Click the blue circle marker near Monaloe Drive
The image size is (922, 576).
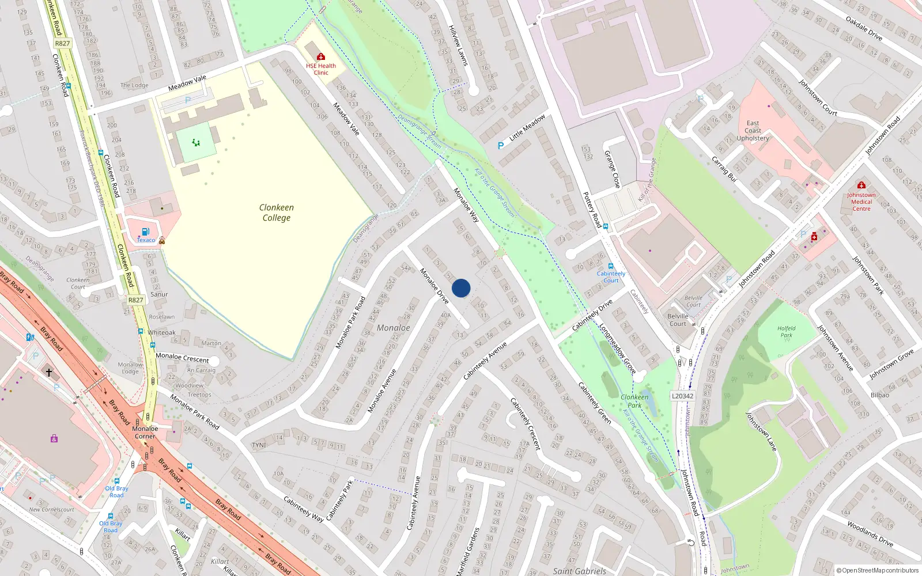pyautogui.click(x=461, y=288)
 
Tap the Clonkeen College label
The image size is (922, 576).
pyautogui.click(x=277, y=213)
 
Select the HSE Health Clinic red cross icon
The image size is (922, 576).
pyautogui.click(x=321, y=56)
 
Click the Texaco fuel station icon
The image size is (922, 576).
pyautogui.click(x=146, y=232)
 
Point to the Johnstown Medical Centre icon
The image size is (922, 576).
pyautogui.click(x=861, y=185)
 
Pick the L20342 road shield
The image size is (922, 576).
pyautogui.click(x=683, y=396)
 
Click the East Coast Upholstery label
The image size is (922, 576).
pyautogui.click(x=753, y=131)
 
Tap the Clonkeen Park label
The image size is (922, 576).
pyautogui.click(x=634, y=401)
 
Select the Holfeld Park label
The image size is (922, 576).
pyautogui.click(x=786, y=331)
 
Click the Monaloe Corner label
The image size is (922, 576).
pyautogui.click(x=145, y=432)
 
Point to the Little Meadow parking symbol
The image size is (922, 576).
pyautogui.click(x=501, y=146)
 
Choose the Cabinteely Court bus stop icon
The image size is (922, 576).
pyautogui.click(x=611, y=266)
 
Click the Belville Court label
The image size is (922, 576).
pyautogui.click(x=678, y=320)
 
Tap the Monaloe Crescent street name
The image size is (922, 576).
pyautogui.click(x=182, y=358)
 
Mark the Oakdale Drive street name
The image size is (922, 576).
pyautogui.click(x=864, y=28)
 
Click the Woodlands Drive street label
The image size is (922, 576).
pyautogui.click(x=870, y=533)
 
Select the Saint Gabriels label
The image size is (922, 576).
pyautogui.click(x=579, y=571)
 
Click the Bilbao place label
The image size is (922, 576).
pyautogui.click(x=880, y=395)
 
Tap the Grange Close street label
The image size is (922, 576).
pyautogui.click(x=612, y=169)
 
